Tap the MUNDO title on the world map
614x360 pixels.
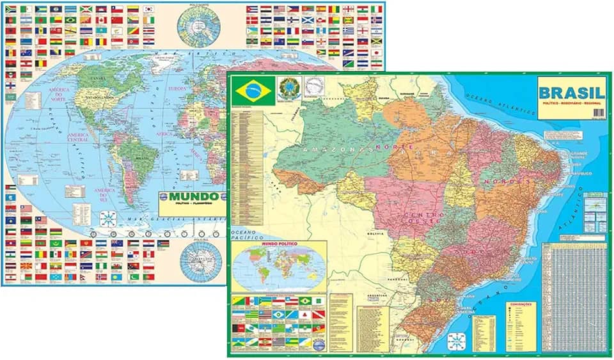tap(191, 198)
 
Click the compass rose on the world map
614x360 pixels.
tap(109, 219)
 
